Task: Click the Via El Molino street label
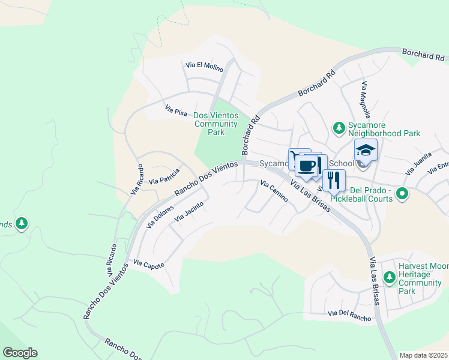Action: [205, 65]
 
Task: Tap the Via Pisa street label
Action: [176, 111]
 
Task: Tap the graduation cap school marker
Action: [366, 150]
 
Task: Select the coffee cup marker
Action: [307, 165]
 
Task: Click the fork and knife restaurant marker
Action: [334, 179]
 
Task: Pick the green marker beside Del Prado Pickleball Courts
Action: [403, 193]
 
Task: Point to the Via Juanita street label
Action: [418, 163]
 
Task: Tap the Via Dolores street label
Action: [160, 217]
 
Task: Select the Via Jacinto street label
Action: [189, 212]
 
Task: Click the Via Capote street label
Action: [148, 264]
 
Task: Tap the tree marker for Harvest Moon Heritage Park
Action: [390, 270]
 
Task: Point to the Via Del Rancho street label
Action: [349, 314]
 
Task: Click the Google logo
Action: [20, 353]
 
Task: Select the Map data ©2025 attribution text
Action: [424, 355]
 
